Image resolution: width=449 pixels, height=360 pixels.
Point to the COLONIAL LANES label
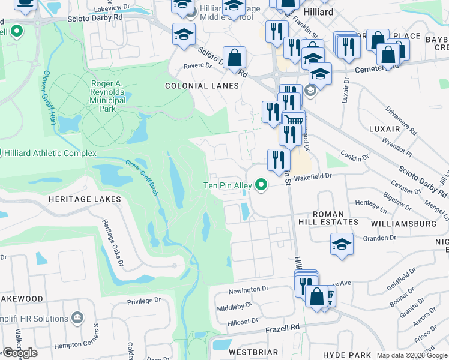[202, 86]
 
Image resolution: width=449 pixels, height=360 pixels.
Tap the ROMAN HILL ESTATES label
[328, 218]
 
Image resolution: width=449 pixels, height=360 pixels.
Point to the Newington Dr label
[249, 289]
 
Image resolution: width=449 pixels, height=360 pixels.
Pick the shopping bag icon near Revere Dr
[234, 58]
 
